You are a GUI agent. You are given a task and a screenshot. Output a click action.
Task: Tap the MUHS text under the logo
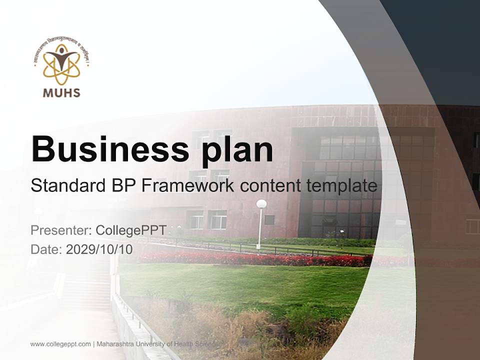click(x=62, y=92)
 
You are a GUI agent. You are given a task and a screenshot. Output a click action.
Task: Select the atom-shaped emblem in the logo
click(x=61, y=63)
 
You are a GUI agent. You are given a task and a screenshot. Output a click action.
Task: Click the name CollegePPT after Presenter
click(x=131, y=230)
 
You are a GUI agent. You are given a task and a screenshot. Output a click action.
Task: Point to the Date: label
click(x=46, y=249)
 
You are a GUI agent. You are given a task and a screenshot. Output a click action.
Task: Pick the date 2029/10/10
click(x=99, y=249)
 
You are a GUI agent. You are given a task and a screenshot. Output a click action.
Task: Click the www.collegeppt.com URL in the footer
click(x=60, y=344)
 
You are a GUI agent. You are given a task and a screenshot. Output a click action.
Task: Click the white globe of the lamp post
click(x=261, y=204)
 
